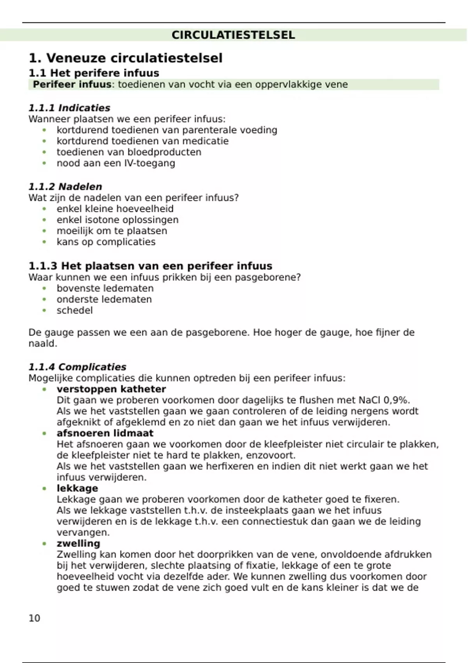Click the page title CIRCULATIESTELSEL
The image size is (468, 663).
233,35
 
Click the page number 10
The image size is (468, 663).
34,618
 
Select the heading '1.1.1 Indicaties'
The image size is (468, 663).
69,108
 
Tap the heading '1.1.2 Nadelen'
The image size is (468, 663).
65,187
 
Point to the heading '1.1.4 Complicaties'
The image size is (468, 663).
77,367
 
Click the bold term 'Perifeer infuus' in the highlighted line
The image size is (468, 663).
72,85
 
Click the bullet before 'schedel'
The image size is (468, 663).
44,310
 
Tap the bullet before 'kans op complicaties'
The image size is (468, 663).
44,242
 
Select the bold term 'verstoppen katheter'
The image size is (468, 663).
111,389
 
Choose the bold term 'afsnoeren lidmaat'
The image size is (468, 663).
105,433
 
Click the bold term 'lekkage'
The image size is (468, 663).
77,488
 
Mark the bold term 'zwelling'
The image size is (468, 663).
78,544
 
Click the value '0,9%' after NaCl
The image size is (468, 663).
397,400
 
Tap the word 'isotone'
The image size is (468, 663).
102,220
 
